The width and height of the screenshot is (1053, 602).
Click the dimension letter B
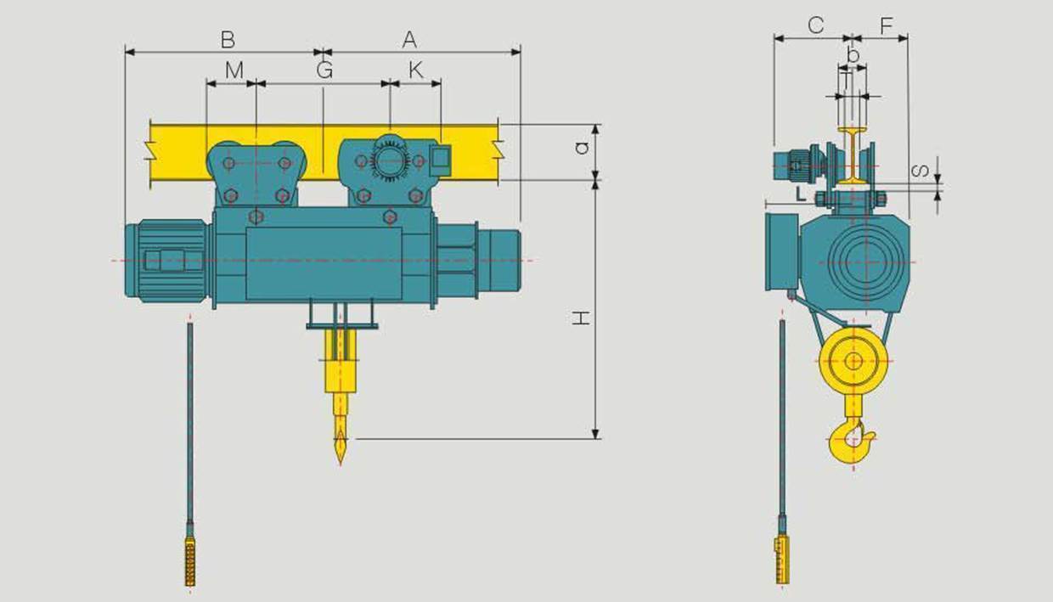(228, 39)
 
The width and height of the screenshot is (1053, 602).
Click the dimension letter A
(409, 39)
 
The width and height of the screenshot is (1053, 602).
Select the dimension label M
(234, 70)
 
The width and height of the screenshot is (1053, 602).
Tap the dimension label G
(324, 70)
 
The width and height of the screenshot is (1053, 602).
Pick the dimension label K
(415, 70)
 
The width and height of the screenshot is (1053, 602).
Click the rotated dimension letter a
(582, 148)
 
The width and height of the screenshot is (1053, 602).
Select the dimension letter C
(816, 25)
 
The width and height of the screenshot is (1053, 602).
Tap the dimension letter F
(887, 25)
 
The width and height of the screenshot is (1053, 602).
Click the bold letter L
(801, 194)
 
